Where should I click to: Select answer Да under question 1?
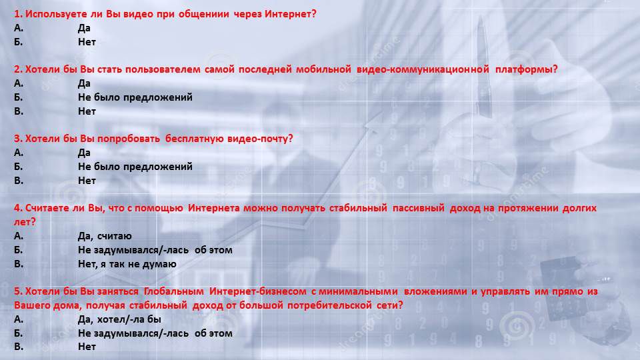point(84,28)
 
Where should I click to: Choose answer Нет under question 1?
point(87,42)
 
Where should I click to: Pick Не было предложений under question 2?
point(135,97)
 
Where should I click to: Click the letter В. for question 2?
point(19,111)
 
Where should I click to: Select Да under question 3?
point(84,153)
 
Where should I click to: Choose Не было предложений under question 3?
point(135,167)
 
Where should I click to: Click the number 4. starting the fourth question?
point(18,208)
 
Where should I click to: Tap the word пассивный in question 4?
point(419,208)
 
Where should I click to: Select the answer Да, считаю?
point(105,236)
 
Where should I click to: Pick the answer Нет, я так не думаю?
point(127,264)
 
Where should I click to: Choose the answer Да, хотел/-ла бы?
point(119,319)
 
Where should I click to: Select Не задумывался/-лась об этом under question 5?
point(155,333)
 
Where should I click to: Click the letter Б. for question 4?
point(19,250)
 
